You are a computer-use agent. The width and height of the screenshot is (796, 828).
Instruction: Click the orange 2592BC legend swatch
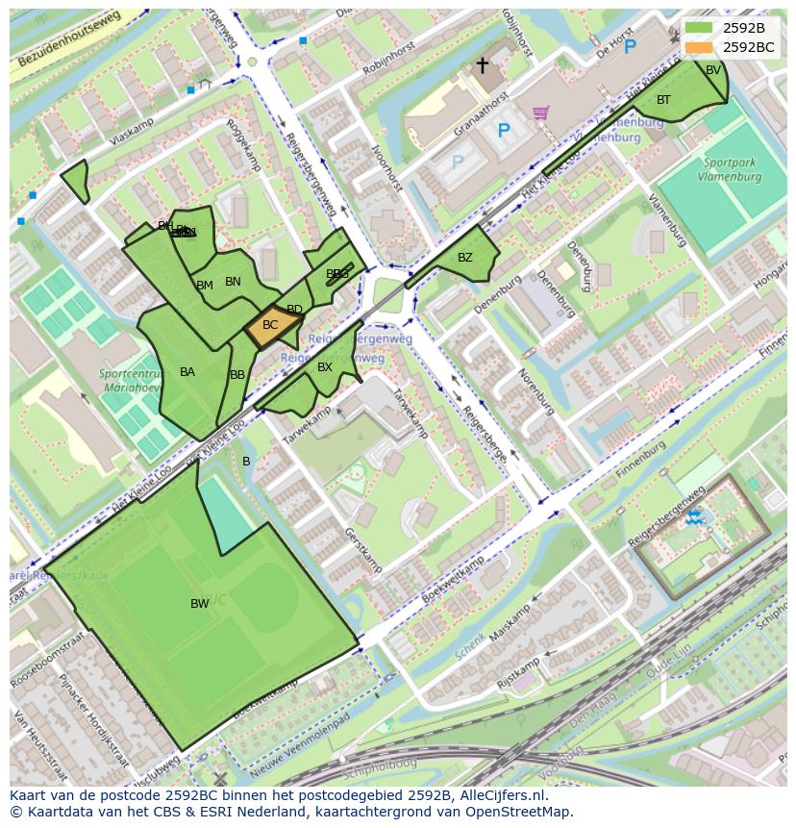pyautogui.click(x=700, y=47)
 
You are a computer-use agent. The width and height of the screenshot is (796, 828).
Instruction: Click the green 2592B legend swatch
pyautogui.click(x=700, y=28)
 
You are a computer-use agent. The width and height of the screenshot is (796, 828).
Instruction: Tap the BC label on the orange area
pyautogui.click(x=270, y=325)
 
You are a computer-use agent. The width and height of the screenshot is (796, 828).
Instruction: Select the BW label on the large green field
pyautogui.click(x=200, y=604)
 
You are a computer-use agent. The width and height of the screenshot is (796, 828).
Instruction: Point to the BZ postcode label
pyautogui.click(x=465, y=258)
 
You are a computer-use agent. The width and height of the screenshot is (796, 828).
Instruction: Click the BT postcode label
pyautogui.click(x=663, y=100)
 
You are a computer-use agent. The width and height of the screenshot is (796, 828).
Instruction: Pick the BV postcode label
pyautogui.click(x=713, y=70)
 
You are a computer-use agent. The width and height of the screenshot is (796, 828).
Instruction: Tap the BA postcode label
pyautogui.click(x=187, y=372)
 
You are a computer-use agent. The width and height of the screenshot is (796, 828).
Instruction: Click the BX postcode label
pyautogui.click(x=325, y=367)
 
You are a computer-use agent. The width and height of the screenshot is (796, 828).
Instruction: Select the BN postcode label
pyautogui.click(x=233, y=282)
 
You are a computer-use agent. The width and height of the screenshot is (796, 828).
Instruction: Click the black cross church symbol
pyautogui.click(x=483, y=65)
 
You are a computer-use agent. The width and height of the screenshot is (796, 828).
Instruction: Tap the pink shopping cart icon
pyautogui.click(x=540, y=113)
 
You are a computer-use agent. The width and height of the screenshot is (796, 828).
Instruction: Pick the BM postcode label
pyautogui.click(x=205, y=286)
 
